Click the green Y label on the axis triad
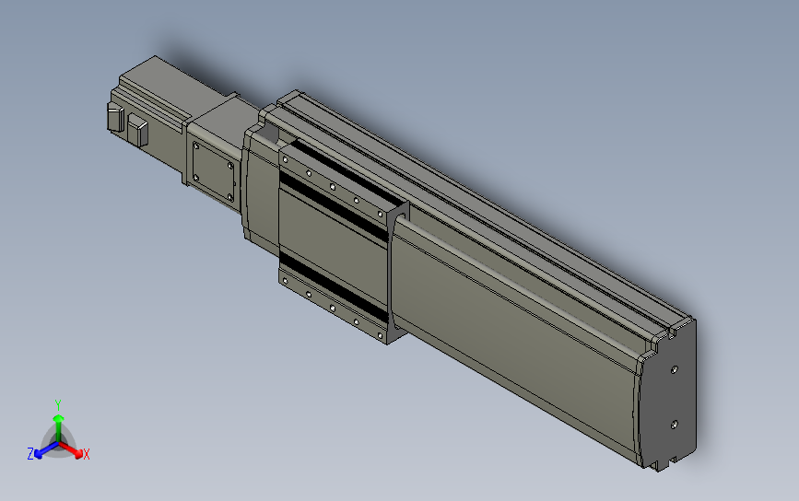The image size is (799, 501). coord(58,404)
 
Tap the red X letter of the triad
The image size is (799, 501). coord(86,454)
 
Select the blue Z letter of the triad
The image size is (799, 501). coord(30,454)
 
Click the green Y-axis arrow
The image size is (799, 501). coord(58,425)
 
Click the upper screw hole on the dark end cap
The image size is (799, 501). coord(676,368)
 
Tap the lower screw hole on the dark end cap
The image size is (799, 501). coord(676,424)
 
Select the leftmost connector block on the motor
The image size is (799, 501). coord(116,119)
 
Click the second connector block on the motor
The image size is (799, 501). coord(138,130)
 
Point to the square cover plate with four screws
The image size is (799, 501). coord(212,172)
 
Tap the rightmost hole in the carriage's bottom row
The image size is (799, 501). coord(379,336)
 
